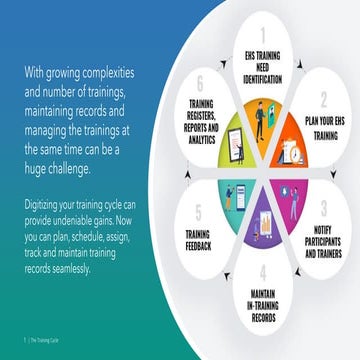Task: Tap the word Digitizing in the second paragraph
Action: (x=43, y=203)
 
